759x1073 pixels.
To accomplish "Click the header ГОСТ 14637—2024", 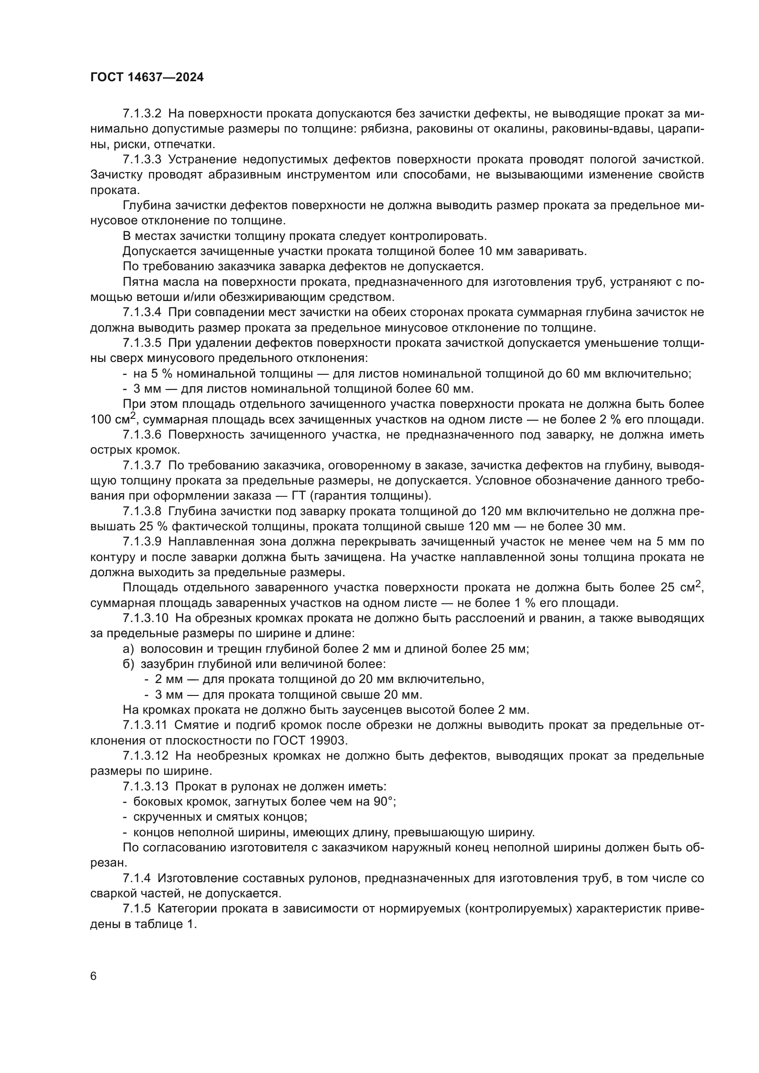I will click(147, 78).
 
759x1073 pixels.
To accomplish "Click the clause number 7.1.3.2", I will click(142, 114).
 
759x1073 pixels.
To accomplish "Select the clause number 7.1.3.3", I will click(142, 159).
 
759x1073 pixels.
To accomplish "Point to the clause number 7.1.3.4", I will click(142, 312).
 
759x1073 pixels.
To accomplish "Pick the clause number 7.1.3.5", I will click(142, 343).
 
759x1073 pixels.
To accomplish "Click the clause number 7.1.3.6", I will click(142, 434).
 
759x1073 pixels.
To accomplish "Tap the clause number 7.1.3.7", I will click(142, 466).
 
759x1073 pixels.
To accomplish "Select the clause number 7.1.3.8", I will click(142, 511).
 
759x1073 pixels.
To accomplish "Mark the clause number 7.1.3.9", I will click(142, 542).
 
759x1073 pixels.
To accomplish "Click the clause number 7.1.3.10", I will click(145, 618).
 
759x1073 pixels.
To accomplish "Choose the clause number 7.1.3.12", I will click(145, 756).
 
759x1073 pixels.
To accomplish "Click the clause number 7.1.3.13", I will click(145, 787).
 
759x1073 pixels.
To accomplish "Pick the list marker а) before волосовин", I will click(128, 649).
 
